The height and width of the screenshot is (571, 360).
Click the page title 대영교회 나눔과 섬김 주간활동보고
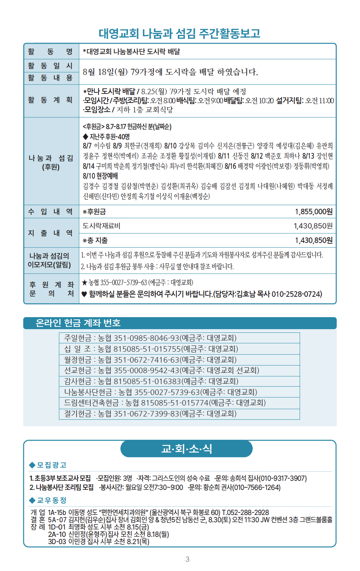pos(180,33)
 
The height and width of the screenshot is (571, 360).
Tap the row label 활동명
pos(51,52)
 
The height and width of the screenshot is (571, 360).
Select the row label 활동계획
pos(51,100)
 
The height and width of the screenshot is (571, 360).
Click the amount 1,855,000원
pos(313,212)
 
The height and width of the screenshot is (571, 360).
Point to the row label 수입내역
pos(51,212)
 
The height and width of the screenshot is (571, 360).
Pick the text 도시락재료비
pos(101,226)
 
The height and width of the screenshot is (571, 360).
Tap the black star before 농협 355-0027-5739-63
pos(84,283)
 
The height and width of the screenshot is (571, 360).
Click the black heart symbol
pos(84,294)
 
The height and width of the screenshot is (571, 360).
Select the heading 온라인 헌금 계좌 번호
pos(78,323)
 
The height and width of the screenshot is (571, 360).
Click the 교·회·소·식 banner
pos(187,449)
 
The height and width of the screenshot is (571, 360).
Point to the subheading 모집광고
pos(51,465)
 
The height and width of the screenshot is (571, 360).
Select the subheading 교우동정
pos(51,500)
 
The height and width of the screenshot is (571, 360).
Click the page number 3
pos(187,559)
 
